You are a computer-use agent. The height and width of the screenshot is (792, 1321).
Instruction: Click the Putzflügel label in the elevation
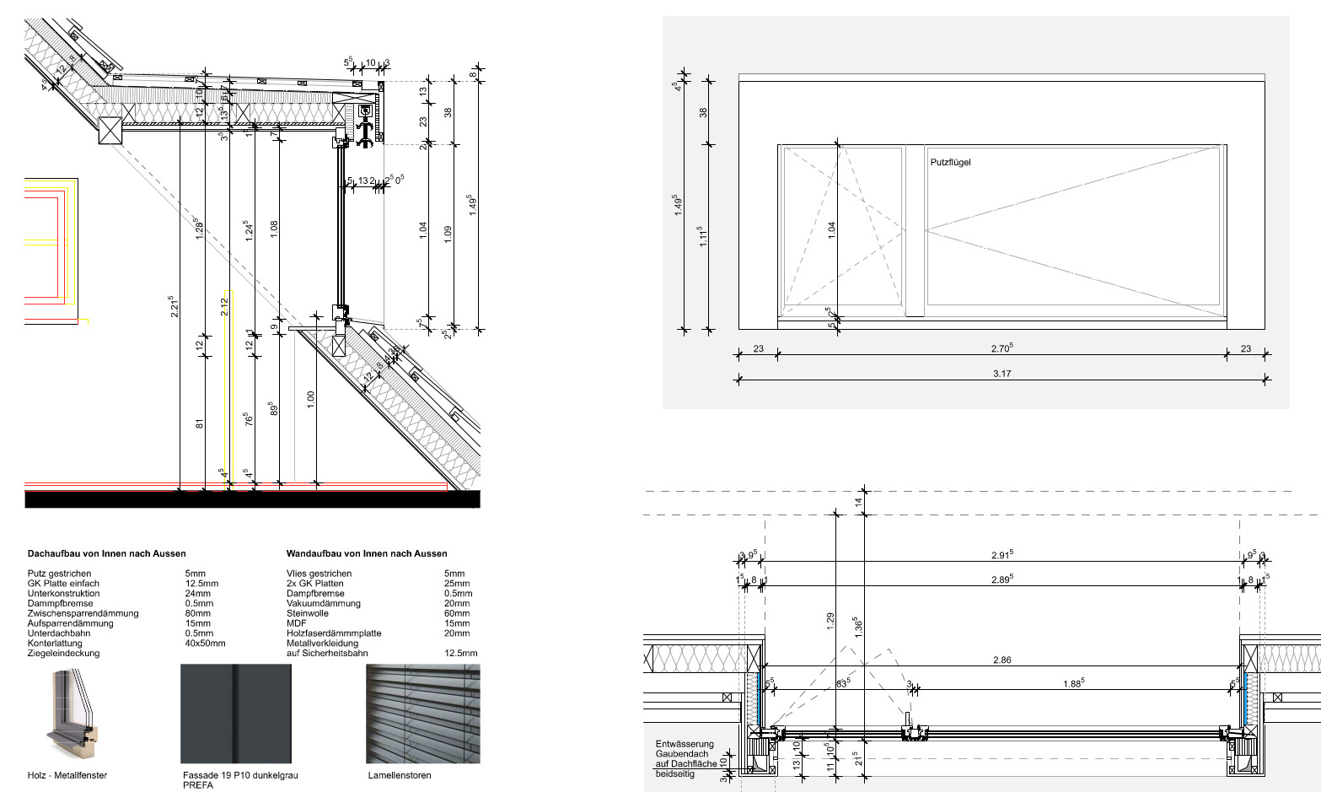950,162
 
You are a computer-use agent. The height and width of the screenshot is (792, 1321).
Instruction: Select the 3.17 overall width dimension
1001,373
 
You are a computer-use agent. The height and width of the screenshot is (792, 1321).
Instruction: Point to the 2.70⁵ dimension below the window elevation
1001,348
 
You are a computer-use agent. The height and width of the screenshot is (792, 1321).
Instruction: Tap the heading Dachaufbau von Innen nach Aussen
107,553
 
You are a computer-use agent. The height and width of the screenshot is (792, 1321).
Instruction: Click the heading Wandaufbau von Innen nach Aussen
367,553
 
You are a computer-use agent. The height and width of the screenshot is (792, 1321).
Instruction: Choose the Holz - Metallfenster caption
67,775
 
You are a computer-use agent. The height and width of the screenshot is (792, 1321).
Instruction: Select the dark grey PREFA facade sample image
236,714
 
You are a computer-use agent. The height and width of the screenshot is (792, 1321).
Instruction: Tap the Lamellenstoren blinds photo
422,714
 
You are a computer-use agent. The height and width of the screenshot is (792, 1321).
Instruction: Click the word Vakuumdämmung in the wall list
323,603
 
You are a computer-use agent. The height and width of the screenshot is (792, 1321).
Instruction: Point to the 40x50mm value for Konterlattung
205,643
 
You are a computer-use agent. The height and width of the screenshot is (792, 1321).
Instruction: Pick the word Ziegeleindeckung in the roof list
63,653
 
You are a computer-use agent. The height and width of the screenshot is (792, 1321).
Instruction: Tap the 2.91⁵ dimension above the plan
1001,554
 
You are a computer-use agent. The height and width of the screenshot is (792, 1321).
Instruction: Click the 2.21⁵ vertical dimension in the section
173,305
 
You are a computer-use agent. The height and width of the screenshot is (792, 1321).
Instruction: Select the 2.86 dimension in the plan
1001,660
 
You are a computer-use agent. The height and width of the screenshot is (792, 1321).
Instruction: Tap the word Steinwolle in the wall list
308,613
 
